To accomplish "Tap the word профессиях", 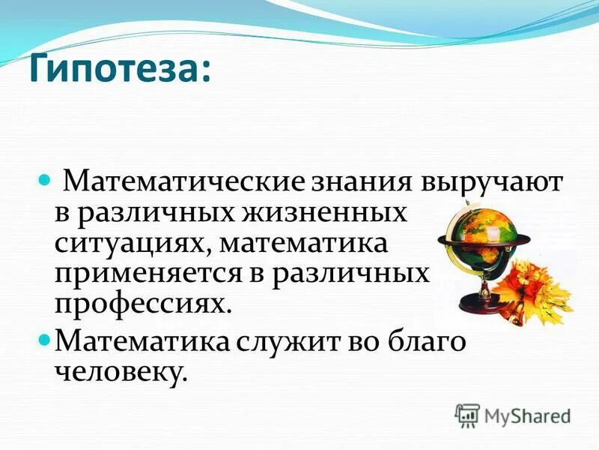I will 142,304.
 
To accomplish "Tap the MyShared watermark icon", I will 467,415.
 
